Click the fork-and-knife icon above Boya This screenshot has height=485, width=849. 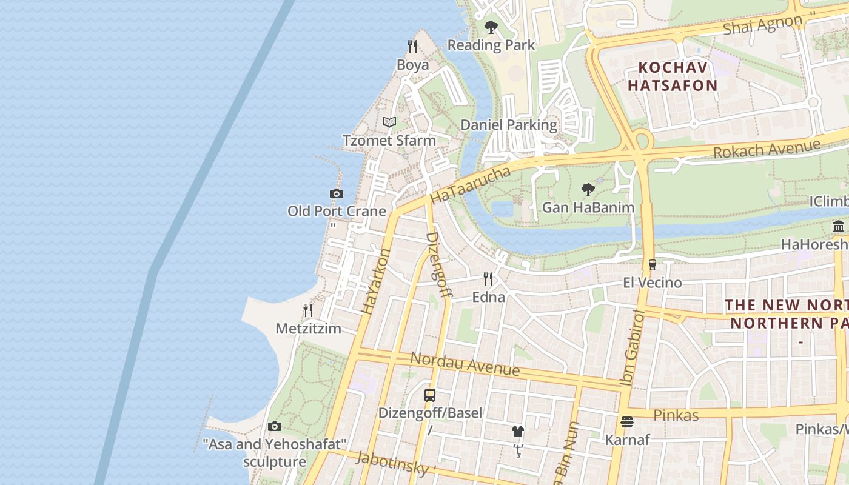412,46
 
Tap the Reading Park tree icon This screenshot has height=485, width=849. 491,27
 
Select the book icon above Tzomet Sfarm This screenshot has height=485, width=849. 389,122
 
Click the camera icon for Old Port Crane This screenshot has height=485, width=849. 337,193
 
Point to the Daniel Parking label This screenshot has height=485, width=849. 509,125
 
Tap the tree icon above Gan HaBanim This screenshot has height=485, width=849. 588,190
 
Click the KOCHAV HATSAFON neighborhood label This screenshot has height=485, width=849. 672,76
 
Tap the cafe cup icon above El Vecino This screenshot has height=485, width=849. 653,265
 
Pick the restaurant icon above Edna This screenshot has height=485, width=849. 488,279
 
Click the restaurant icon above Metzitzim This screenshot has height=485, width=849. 308,310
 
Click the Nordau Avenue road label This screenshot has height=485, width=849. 465,363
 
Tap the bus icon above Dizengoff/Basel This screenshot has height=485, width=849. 430,395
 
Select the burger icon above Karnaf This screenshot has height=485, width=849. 627,421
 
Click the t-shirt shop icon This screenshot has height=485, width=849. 517,432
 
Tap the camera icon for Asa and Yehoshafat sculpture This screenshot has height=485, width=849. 275,426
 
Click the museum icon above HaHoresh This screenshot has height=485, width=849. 839,227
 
